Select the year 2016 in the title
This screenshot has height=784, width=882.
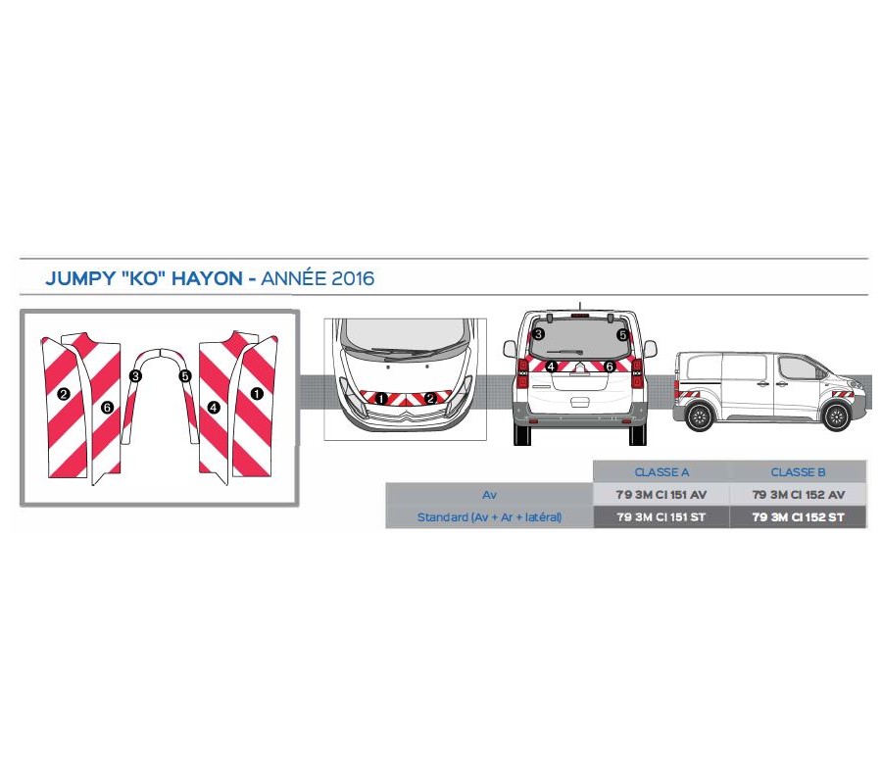[x=353, y=278]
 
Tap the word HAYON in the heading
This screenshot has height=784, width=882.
[x=206, y=278]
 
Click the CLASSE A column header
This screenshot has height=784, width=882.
[x=661, y=471]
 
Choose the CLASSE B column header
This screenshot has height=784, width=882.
[x=798, y=471]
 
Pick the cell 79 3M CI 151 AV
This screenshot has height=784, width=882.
[x=661, y=495]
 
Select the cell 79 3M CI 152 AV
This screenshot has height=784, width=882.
[x=798, y=495]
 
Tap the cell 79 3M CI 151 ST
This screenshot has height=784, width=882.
[x=661, y=517]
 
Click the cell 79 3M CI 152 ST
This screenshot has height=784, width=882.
[x=798, y=517]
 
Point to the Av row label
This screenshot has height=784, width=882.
[x=489, y=495]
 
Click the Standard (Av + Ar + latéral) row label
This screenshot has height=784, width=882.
[x=489, y=517]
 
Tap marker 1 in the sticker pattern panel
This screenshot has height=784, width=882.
[x=257, y=394]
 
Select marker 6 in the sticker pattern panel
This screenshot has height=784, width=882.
[x=107, y=406]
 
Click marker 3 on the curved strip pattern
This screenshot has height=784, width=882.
[x=135, y=375]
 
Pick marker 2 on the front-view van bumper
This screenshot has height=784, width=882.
[x=429, y=398]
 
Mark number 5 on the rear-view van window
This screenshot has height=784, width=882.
[x=621, y=335]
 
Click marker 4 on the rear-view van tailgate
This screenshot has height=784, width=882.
[x=552, y=367]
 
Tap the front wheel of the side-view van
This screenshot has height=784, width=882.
[x=834, y=416]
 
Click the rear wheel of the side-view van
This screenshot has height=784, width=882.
[x=698, y=416]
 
